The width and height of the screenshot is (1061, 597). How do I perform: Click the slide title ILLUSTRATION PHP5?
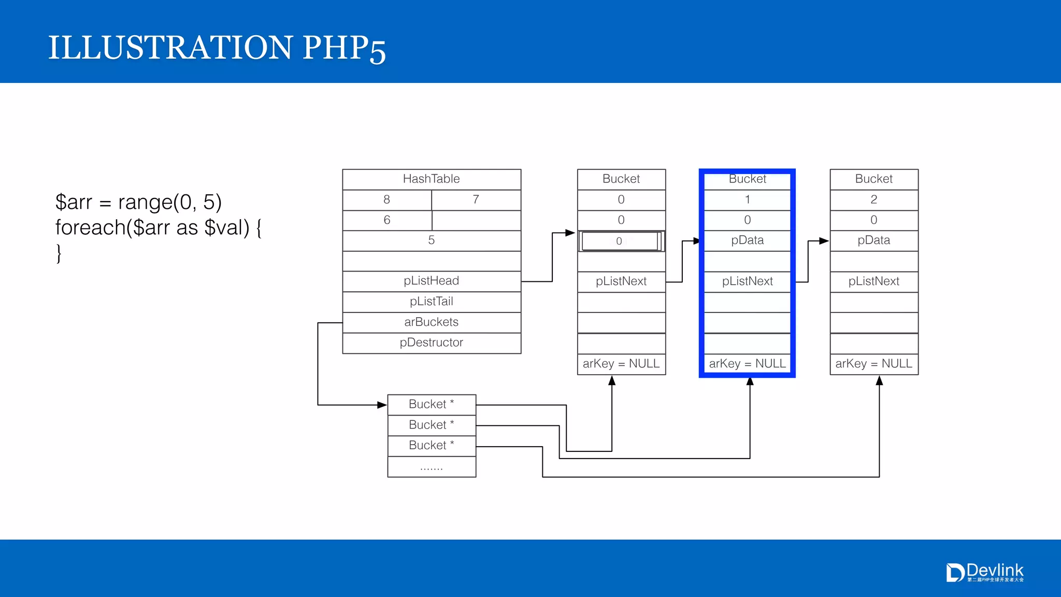tap(217, 48)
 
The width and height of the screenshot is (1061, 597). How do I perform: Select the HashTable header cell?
tap(431, 179)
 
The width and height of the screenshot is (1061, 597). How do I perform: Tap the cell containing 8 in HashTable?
tap(386, 200)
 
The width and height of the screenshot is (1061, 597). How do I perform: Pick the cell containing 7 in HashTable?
tap(476, 200)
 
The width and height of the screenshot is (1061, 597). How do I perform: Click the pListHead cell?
tap(431, 281)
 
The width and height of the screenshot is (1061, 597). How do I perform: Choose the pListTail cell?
tap(431, 302)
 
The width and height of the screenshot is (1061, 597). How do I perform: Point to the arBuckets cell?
tap(431, 322)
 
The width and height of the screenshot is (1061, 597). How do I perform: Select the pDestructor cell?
tap(431, 343)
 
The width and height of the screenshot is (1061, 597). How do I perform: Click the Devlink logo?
tap(984, 572)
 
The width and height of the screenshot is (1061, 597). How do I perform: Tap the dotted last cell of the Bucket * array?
tap(431, 467)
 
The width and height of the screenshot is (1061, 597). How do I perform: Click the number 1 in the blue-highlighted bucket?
tap(747, 200)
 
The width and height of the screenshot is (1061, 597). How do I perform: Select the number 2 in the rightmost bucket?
tap(873, 200)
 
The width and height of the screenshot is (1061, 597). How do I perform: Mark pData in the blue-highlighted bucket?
tap(747, 240)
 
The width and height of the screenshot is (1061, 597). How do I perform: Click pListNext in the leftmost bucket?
tap(621, 281)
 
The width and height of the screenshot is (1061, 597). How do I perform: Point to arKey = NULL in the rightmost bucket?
tap(873, 364)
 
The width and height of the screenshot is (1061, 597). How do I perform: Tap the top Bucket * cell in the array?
tap(431, 404)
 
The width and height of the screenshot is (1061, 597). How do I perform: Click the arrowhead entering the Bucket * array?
tap(382, 405)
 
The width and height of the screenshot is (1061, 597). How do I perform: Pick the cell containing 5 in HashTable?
tap(431, 240)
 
